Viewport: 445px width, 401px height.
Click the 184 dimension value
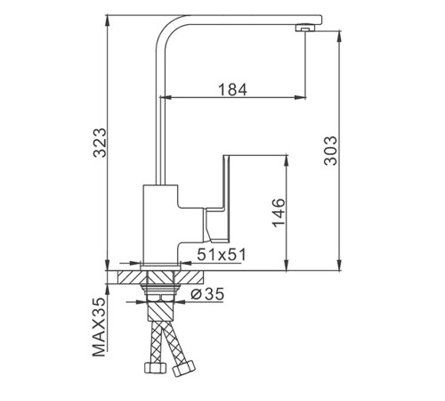click(x=232, y=89)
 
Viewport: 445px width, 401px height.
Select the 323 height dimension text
click(x=100, y=143)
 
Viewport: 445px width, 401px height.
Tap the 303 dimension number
click(x=331, y=151)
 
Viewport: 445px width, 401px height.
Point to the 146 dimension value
click(x=279, y=213)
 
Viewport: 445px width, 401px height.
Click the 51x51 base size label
click(x=222, y=255)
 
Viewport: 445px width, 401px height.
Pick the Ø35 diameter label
click(x=207, y=294)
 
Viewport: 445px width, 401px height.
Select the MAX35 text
click(x=100, y=327)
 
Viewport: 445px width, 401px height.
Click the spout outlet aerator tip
click(x=305, y=28)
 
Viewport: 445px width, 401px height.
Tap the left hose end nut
click(x=155, y=367)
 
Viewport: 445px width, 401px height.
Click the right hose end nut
click(x=184, y=368)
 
